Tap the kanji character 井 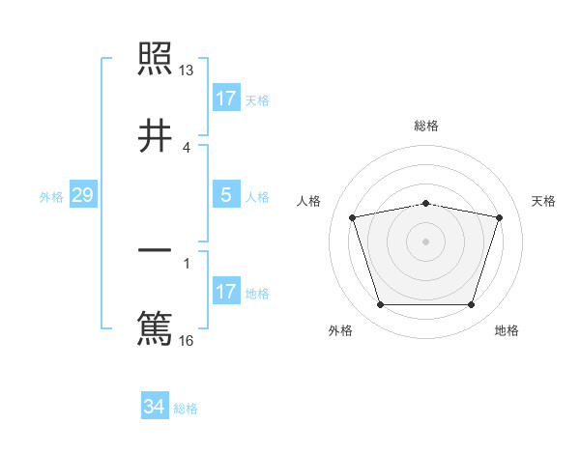(156, 135)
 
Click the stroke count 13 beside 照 (187, 71)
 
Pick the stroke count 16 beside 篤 (187, 340)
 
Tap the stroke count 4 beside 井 (187, 147)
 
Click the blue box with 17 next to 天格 (226, 99)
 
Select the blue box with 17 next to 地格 (226, 292)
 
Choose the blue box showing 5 (226, 195)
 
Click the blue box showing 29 (82, 195)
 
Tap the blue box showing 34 (155, 407)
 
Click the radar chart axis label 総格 (426, 126)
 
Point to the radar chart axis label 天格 (544, 201)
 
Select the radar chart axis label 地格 (507, 330)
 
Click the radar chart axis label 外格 (340, 330)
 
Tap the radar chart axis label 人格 (308, 201)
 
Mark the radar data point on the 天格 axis (499, 217)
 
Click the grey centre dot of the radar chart (426, 241)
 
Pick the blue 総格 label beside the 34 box (186, 409)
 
